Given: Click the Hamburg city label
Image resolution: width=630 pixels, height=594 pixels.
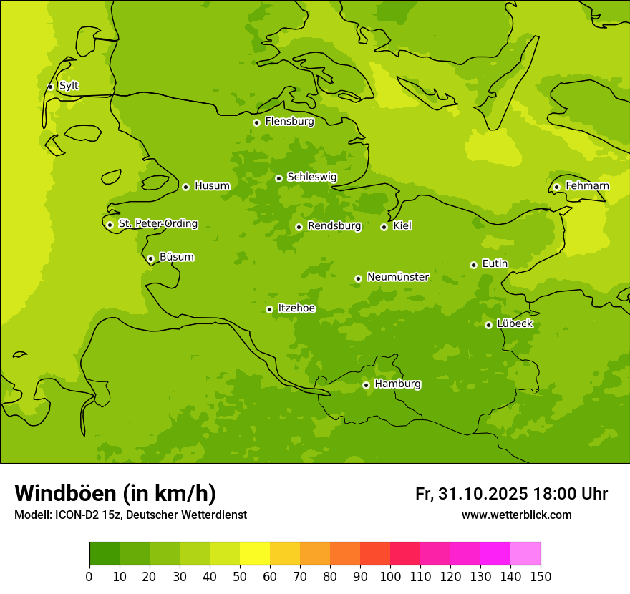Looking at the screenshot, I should click(x=397, y=384).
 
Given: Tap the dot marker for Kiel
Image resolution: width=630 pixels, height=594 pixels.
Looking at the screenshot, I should click(x=384, y=227).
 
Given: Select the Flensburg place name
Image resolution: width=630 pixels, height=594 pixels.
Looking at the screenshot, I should click(x=289, y=121).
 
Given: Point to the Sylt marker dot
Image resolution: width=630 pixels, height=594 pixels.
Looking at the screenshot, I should click(x=50, y=87).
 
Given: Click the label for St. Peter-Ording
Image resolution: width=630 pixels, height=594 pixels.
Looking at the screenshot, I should click(x=157, y=223).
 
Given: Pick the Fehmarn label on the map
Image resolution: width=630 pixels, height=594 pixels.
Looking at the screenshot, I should click(x=587, y=185).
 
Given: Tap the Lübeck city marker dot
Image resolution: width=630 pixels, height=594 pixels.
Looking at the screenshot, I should click(x=488, y=325).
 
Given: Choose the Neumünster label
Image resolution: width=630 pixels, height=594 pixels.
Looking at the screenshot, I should click(x=397, y=276).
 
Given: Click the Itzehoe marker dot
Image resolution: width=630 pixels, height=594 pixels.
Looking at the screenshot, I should click(x=269, y=309).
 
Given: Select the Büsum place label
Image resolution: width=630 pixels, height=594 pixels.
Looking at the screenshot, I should click(x=176, y=257).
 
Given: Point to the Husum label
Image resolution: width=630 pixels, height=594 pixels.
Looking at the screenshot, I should click(x=212, y=185).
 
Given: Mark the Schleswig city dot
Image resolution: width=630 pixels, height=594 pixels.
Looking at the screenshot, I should click(x=278, y=178).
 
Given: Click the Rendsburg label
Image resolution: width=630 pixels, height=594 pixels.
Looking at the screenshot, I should click(x=334, y=225).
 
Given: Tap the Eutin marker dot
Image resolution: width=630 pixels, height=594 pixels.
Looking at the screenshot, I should click(x=473, y=265).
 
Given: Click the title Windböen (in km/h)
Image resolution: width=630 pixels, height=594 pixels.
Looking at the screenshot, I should click(x=115, y=493).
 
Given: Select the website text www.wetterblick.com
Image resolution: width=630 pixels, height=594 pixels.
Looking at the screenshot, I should click(x=516, y=515).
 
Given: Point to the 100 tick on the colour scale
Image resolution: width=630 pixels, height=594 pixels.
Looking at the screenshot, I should click(x=390, y=576).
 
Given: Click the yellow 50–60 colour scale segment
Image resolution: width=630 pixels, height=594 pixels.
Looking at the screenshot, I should click(x=255, y=554).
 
